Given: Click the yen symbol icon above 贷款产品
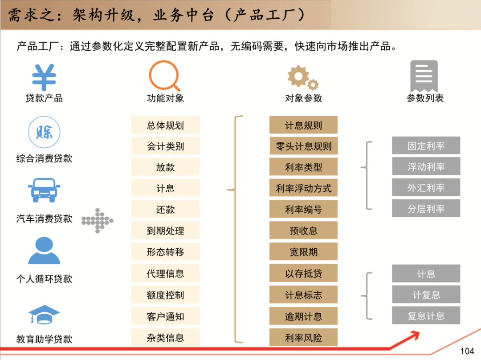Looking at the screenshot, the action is tap(44, 78).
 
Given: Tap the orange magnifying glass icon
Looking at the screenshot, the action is tap(164, 76).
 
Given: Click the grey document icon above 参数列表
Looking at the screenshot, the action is tap(424, 76).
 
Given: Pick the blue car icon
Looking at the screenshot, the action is tap(44, 190).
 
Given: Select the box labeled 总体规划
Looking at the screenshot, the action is tap(165, 125).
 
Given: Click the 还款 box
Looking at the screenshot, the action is tap(165, 210).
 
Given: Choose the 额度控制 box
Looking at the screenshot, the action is tap(165, 295).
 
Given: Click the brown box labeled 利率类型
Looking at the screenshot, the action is tap(303, 167).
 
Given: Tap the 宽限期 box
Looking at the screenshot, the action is tap(303, 252).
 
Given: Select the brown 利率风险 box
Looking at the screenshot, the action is tap(303, 338).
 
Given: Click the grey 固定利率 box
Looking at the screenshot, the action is tap(426, 146).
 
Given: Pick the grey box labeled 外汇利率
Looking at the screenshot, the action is tap(426, 188).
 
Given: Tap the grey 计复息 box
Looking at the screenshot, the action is tap(426, 295).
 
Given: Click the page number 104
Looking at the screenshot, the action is tap(467, 352).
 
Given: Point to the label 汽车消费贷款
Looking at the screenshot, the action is tap(44, 218).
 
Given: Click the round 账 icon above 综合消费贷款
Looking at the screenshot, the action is tap(44, 132).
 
